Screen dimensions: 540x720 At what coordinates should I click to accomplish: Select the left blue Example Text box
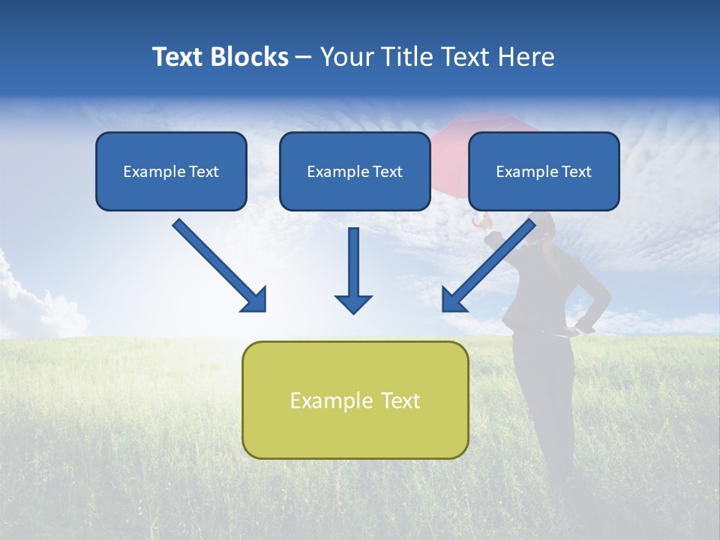point(171,171)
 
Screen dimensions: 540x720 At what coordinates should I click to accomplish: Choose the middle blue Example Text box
point(355,171)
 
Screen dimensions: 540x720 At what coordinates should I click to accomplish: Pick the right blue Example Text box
point(544,171)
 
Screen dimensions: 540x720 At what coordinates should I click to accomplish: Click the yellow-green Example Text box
point(355,400)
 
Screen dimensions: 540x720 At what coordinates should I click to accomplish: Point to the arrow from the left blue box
point(217,264)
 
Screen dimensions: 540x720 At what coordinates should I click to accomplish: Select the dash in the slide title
point(304,57)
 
